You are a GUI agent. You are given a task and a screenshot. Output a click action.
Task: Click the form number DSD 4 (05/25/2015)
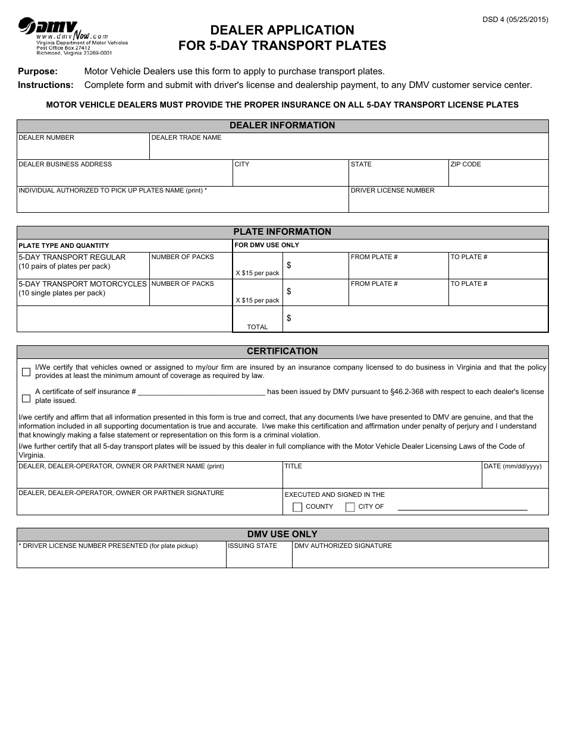(515, 20)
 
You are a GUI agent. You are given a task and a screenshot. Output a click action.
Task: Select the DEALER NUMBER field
(83, 149)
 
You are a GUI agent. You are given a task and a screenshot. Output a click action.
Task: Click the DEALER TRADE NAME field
(348, 149)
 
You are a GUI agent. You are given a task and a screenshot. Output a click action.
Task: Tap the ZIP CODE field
(498, 176)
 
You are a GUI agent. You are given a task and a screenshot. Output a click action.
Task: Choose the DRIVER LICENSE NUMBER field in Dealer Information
(448, 203)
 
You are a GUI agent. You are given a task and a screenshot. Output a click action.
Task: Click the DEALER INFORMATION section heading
(282, 125)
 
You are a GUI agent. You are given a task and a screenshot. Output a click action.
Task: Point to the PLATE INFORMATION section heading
(282, 232)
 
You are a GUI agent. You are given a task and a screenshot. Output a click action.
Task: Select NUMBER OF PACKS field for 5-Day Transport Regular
(190, 269)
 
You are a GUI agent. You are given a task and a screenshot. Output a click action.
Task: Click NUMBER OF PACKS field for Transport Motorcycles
(190, 295)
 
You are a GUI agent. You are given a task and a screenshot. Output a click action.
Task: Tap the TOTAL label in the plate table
(258, 327)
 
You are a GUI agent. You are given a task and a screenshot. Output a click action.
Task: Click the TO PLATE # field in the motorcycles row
(498, 295)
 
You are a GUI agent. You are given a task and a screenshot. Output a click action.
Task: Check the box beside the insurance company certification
(26, 372)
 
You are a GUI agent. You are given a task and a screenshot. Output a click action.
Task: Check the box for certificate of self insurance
(26, 398)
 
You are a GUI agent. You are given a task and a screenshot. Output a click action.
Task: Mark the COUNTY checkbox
(298, 507)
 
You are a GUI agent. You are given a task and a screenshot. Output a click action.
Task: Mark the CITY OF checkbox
(350, 507)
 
